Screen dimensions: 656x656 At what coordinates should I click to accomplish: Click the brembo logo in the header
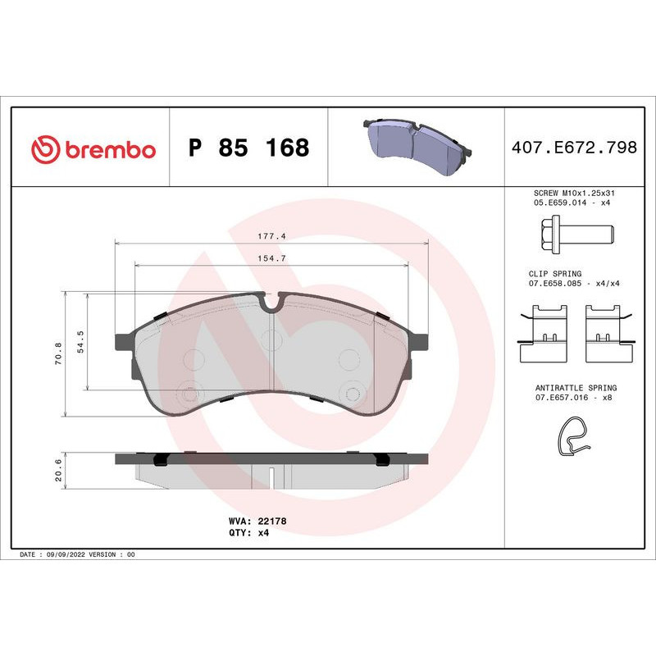coord(93,149)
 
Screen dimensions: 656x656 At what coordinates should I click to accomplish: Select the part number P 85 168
coord(248,148)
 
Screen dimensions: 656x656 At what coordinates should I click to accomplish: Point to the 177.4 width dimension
coord(271,235)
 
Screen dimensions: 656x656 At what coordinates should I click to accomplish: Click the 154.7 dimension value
coord(271,258)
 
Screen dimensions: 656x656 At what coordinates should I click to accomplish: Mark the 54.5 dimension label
coord(80,340)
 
